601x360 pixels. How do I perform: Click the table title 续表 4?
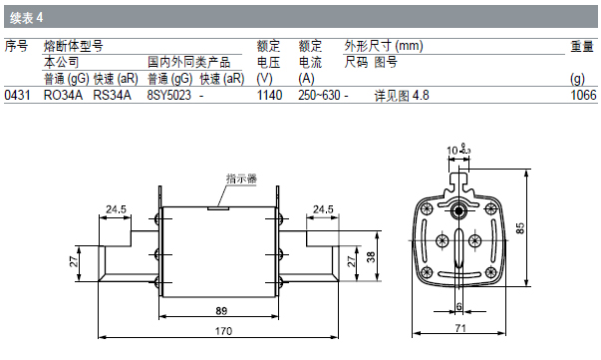click(27, 18)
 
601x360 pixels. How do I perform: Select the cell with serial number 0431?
click(17, 95)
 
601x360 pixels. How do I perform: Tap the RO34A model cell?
click(63, 95)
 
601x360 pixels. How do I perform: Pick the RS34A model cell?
click(112, 95)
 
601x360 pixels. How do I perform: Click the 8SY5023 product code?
click(169, 95)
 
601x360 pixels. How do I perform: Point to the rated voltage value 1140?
click(269, 95)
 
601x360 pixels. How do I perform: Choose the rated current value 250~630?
click(319, 95)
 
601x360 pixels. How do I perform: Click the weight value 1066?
click(584, 95)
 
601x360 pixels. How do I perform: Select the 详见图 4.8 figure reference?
click(402, 96)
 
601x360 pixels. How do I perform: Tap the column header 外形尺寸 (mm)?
click(384, 46)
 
